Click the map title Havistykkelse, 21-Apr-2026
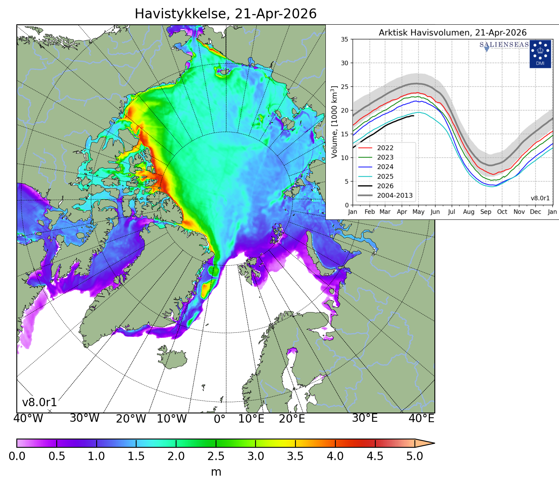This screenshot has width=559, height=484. [226, 14]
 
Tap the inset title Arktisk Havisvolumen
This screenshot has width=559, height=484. [452, 33]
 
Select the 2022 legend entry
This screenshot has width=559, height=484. [385, 148]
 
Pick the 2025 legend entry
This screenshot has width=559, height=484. [385, 176]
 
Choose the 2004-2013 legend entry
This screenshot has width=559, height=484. [394, 196]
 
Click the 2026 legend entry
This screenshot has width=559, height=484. [385, 186]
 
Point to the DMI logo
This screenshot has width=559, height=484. [540, 54]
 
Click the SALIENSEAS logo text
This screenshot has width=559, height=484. [504, 45]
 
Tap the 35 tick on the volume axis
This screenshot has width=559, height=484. [344, 40]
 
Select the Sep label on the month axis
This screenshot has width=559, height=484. [486, 212]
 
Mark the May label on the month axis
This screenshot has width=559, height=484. [418, 212]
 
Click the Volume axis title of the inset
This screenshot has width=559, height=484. [335, 122]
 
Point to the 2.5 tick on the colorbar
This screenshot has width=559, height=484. [216, 456]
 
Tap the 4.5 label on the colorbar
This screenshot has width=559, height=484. [375, 456]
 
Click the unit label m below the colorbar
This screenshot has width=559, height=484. [216, 472]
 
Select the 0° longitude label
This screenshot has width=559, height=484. [220, 419]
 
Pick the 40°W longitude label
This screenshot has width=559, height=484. [28, 419]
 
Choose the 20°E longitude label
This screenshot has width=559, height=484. [292, 419]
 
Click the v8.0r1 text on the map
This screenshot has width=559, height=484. [39, 403]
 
